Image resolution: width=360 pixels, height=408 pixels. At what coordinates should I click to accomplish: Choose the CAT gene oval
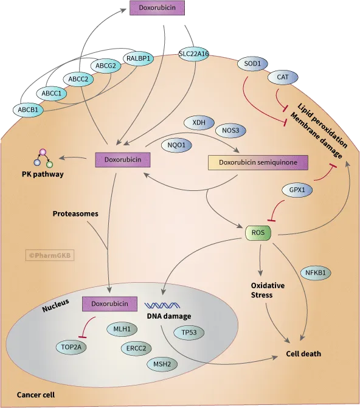282,77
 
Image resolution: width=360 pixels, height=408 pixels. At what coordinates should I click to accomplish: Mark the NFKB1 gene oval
314,273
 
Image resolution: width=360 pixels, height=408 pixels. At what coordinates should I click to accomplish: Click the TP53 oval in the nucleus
189,333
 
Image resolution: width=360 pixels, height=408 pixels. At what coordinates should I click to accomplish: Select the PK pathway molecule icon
43,158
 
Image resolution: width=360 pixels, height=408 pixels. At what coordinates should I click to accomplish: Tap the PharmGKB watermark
50,255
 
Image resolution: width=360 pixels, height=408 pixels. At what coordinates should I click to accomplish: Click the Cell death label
303,353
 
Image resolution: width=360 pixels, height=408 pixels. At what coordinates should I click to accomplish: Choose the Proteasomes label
75,214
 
